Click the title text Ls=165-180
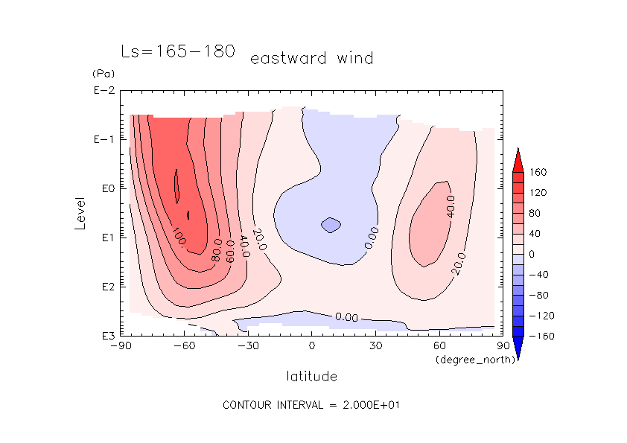[178, 51]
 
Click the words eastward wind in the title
[311, 58]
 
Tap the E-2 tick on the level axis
[103, 91]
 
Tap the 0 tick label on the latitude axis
[311, 345]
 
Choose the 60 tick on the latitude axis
[439, 345]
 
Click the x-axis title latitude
[311, 376]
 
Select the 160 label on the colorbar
[538, 173]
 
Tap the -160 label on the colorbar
[540, 336]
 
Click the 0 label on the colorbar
[532, 254]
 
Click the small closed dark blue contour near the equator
[331, 224]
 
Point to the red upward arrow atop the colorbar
[517, 159]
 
